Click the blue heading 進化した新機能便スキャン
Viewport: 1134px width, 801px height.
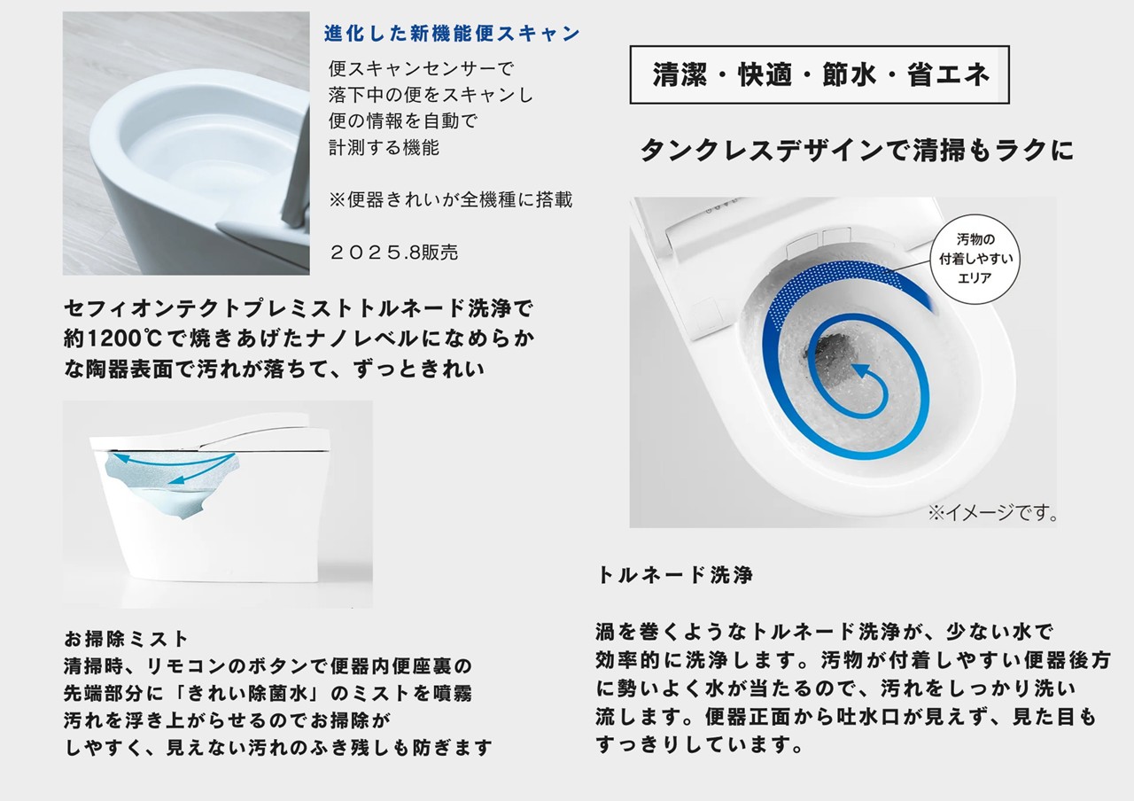tap(452, 34)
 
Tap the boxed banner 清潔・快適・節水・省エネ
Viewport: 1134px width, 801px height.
tap(819, 75)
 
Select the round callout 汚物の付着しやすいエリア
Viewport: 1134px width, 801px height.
tap(975, 259)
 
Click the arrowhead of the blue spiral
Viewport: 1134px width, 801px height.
tap(859, 370)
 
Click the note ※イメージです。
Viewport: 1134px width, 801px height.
tap(993, 513)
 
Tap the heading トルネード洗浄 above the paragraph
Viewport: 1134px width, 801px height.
tap(675, 575)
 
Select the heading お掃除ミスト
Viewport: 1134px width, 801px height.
tap(126, 639)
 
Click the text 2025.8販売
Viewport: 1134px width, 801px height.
tap(394, 253)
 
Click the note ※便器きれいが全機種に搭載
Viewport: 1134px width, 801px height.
tap(451, 199)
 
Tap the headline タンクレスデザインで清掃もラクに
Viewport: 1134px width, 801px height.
tap(857, 151)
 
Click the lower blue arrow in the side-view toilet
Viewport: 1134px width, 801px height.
tap(201, 470)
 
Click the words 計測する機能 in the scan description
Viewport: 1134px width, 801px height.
tap(384, 147)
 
